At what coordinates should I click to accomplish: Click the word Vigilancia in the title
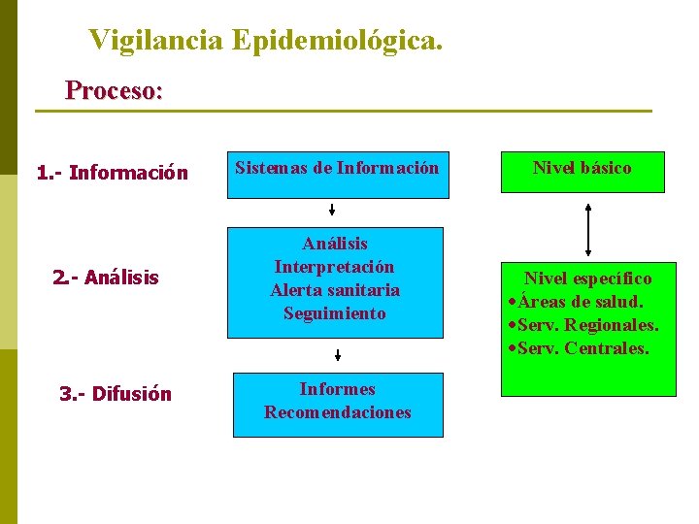click(156, 41)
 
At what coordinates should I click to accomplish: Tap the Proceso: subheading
click(114, 91)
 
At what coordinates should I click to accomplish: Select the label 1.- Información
click(112, 174)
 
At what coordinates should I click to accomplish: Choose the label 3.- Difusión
click(116, 394)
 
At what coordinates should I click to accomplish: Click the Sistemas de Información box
click(338, 174)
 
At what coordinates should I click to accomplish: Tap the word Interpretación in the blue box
click(335, 267)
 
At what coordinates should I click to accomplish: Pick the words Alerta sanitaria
click(335, 290)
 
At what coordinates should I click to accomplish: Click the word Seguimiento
click(335, 313)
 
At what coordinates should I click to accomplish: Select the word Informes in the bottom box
click(337, 389)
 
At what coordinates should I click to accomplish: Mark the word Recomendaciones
click(337, 412)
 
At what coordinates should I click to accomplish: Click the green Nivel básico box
click(582, 172)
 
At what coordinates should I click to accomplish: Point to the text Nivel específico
click(588, 278)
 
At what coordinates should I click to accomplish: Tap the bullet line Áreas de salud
click(581, 302)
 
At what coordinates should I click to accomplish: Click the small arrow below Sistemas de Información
click(332, 210)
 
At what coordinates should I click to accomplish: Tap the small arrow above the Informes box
click(337, 355)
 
